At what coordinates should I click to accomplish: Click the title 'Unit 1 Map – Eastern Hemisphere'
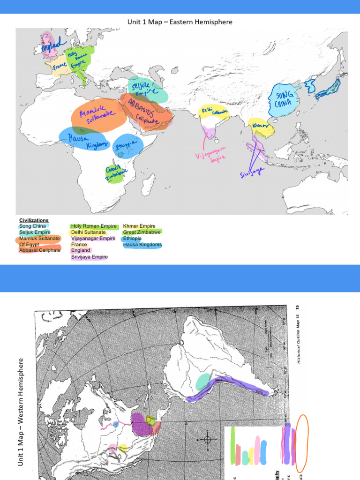pyautogui.click(x=180, y=22)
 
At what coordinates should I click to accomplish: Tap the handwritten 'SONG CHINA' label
pyautogui.click(x=284, y=100)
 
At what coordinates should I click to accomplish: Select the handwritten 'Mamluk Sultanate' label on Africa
pyautogui.click(x=98, y=114)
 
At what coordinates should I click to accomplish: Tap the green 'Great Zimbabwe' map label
pyautogui.click(x=114, y=172)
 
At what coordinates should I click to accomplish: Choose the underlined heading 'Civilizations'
pyautogui.click(x=34, y=220)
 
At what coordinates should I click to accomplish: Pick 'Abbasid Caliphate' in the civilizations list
pyautogui.click(x=40, y=250)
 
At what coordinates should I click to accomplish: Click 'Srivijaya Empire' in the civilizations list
pyautogui.click(x=90, y=257)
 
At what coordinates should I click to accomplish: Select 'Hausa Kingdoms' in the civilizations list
pyautogui.click(x=142, y=245)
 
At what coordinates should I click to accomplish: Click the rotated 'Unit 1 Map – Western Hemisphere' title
pyautogui.click(x=21, y=412)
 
